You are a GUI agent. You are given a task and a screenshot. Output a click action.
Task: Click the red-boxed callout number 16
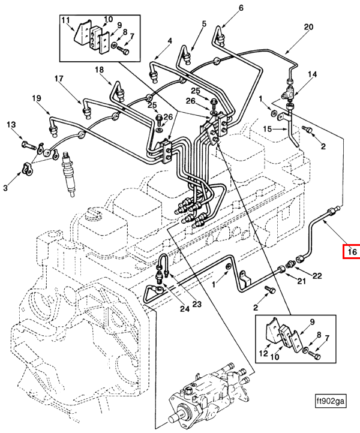[x=352, y=251]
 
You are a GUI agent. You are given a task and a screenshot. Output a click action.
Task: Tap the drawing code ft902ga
[x=331, y=401]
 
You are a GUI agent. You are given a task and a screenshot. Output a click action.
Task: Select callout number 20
[x=308, y=27]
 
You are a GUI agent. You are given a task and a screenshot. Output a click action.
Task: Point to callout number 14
[x=313, y=74]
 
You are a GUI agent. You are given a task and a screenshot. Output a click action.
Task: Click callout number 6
[x=241, y=8]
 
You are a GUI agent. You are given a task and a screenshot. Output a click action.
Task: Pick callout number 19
[x=37, y=98]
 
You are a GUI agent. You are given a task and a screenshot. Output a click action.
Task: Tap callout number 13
[x=11, y=125]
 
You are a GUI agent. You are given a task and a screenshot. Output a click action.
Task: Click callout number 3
[x=5, y=188]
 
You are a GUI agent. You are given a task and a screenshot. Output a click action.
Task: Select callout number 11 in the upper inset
[x=65, y=20]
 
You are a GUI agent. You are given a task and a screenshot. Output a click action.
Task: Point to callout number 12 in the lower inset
[x=263, y=353]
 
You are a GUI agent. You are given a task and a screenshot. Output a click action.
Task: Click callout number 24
[x=185, y=309]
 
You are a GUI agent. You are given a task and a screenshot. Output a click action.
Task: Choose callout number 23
[x=197, y=304]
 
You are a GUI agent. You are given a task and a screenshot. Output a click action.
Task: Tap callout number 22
[x=317, y=276]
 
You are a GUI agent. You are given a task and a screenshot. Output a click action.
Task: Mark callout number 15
[x=268, y=129]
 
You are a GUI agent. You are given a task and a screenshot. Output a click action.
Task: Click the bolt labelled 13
[x=28, y=145]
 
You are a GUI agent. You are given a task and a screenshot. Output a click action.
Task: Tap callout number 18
[x=99, y=70]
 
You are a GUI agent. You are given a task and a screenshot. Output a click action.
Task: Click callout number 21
[x=301, y=281]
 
